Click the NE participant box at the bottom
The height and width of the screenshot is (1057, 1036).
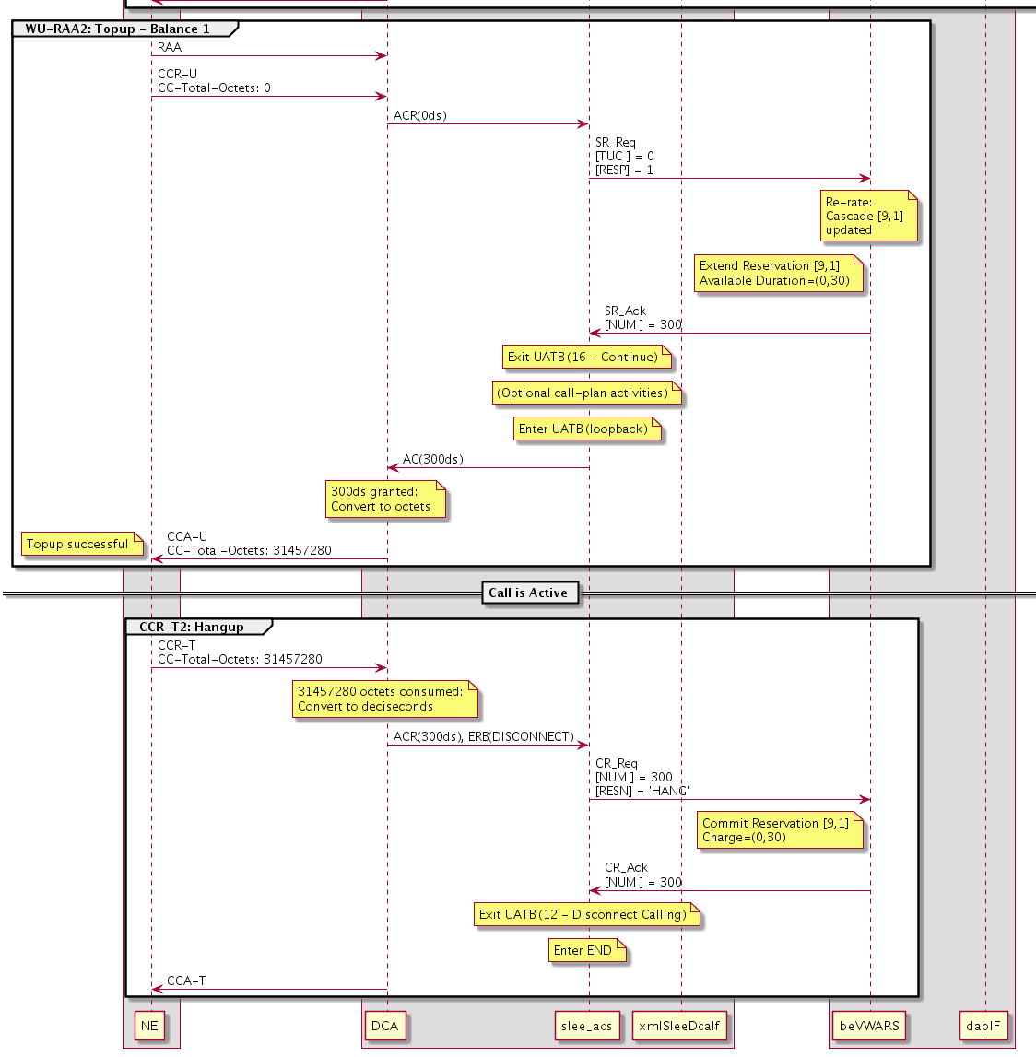[149, 1026]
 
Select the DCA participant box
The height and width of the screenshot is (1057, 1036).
[384, 1026]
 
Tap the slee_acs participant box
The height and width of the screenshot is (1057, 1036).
[586, 1026]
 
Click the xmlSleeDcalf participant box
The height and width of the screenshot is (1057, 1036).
[680, 1026]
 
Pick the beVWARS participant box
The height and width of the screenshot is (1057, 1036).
[869, 1026]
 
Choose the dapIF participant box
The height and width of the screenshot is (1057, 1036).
[983, 1026]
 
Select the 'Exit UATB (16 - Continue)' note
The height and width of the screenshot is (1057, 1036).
[585, 358]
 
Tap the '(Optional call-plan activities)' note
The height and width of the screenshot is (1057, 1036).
[585, 393]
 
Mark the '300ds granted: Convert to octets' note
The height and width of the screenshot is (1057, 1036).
[384, 499]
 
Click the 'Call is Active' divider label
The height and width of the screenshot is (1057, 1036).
[528, 593]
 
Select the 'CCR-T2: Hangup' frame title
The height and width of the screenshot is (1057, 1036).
[192, 628]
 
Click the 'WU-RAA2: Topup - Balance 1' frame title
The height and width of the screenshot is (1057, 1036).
[118, 29]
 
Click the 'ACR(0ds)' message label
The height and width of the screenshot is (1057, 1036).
[420, 116]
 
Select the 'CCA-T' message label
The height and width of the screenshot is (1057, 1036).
[186, 981]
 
